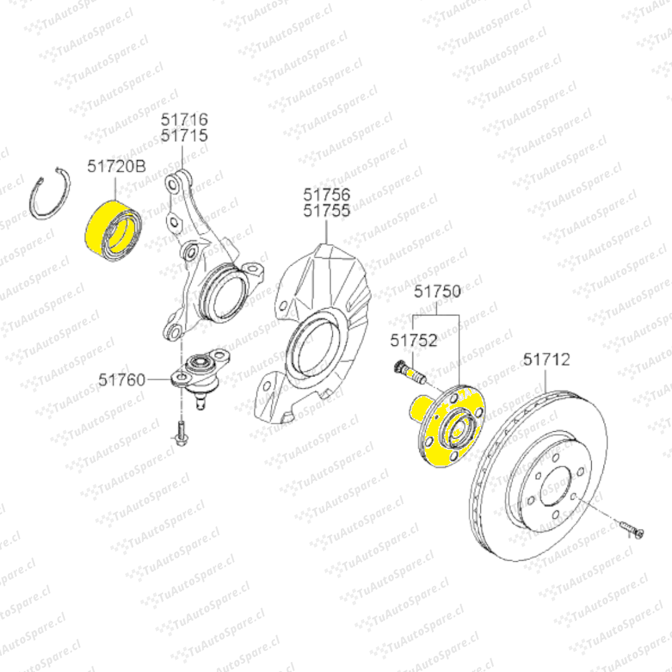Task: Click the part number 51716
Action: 184,119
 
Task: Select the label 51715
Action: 184,136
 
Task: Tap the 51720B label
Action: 116,166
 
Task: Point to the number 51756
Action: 327,194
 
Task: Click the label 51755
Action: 327,210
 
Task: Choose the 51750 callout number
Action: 437,291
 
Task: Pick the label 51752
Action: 414,340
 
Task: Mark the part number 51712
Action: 546,359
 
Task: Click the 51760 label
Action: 122,380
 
